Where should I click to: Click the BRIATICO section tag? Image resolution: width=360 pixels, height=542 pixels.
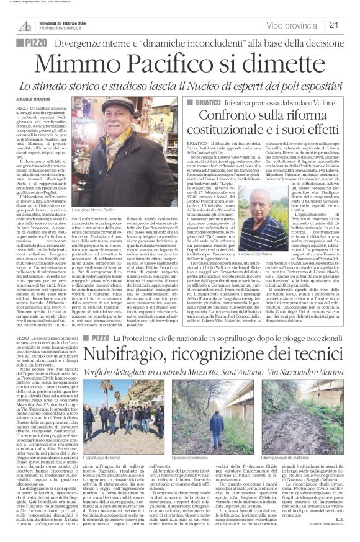(x=204, y=100)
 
